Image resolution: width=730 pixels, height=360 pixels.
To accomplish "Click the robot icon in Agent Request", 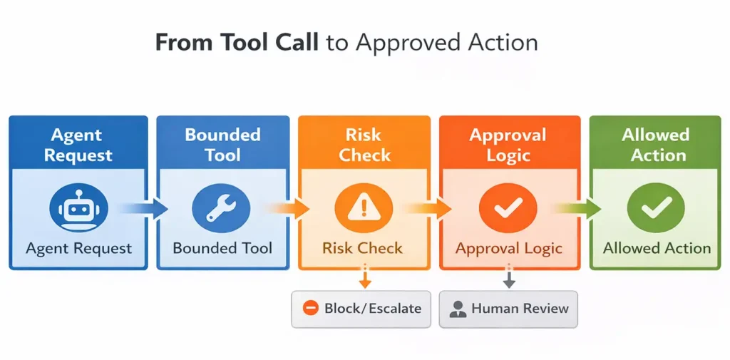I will pos(78,208).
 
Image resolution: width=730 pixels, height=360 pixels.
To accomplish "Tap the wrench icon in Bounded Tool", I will pos(222,208).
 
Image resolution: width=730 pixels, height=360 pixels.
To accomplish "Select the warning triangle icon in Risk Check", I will pos(364,208).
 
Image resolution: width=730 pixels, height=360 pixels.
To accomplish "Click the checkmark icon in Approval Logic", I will pos(508,208).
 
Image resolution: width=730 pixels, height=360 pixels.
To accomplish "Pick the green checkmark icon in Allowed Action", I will pos(656,208).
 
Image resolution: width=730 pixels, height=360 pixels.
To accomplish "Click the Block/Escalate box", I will pos(361,309).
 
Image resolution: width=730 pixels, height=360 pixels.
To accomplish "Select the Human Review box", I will pos(508,309).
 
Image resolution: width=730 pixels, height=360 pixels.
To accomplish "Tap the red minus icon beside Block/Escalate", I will pos(310,309).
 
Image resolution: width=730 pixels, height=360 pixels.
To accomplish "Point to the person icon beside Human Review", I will pos(458,309).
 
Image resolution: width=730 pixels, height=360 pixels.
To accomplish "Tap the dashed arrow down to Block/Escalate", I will pos(365,277).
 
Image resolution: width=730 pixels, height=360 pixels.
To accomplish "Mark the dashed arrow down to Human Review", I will pos(509,277).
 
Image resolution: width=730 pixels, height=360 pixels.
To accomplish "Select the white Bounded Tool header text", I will pos(222,145).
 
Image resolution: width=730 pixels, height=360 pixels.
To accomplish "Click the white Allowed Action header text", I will pos(656,145).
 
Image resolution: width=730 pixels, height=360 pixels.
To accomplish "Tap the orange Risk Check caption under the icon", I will pos(362,248).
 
